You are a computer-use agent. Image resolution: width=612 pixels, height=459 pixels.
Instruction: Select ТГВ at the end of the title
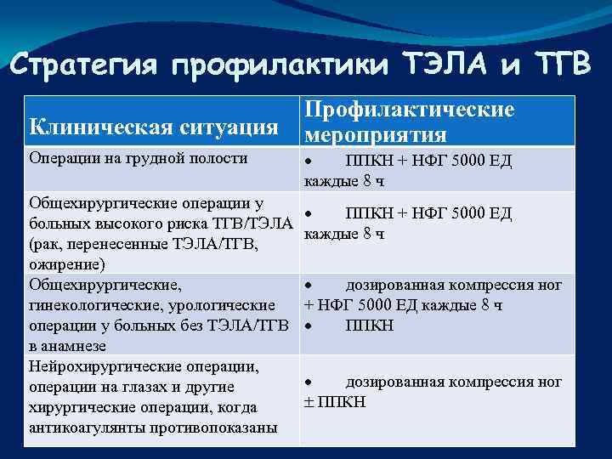point(557,64)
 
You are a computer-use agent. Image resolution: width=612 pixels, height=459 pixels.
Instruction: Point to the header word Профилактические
point(410,110)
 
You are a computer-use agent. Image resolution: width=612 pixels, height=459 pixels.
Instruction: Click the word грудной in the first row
point(154,158)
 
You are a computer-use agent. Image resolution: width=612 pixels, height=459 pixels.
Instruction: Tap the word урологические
point(224,304)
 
